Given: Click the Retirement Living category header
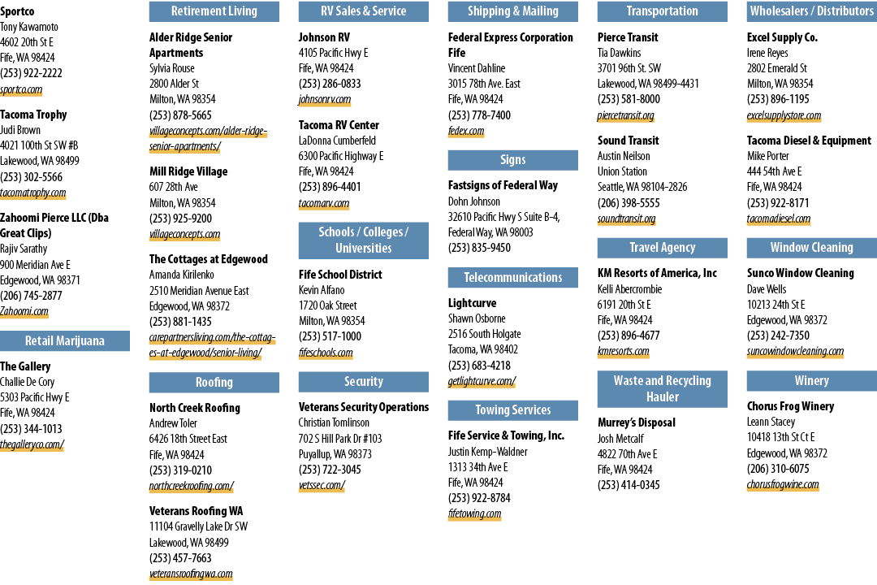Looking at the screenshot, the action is (214, 11).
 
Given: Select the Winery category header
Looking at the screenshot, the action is (811, 381).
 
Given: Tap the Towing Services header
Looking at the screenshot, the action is (513, 409).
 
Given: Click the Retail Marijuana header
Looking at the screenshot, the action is (65, 341).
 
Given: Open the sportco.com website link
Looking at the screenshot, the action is (21, 89).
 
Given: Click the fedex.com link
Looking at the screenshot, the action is (466, 131).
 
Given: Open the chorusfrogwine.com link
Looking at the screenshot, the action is (783, 485).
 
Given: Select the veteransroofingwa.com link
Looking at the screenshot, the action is (191, 574).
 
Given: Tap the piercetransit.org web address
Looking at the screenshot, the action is (625, 115).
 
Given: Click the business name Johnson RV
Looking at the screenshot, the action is (324, 37).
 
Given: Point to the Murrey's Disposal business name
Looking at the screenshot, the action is (636, 422).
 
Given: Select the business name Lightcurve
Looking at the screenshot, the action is (472, 303).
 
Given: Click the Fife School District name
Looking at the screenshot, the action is (340, 275).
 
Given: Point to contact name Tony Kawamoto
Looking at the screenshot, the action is (29, 27).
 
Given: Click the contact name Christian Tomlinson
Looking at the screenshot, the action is (334, 422).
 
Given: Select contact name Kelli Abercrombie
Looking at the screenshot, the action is (629, 289).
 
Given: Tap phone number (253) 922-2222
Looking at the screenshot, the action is (32, 73).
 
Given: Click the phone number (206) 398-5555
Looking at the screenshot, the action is (629, 202).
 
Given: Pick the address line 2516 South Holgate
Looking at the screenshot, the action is (484, 334).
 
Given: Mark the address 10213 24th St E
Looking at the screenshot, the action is (775, 305).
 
